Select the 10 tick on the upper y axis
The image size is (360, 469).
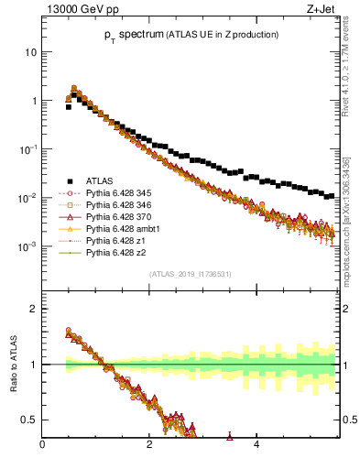[30, 52]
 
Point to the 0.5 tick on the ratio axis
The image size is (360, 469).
[30, 420]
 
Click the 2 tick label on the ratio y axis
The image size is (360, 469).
[34, 309]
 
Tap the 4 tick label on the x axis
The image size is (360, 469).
[256, 447]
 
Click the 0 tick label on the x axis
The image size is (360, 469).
[42, 447]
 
